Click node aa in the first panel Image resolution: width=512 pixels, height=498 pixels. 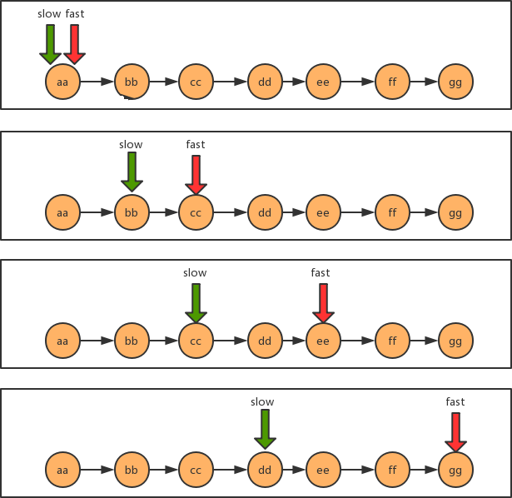tap(62, 82)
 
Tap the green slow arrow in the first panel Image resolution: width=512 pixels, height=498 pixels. tap(50, 43)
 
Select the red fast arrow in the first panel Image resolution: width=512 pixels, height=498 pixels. tap(75, 43)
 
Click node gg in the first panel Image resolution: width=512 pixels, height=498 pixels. tap(455, 82)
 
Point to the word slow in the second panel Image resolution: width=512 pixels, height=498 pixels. tap(131, 145)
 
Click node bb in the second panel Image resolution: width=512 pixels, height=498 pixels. tap(131, 212)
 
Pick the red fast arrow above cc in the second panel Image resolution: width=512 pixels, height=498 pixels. tap(196, 173)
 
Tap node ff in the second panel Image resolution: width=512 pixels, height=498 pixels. tap(392, 212)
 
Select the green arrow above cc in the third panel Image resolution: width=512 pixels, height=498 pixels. tap(196, 302)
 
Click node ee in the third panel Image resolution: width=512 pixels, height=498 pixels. tap(323, 341)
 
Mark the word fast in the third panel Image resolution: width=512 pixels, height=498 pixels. tap(321, 273)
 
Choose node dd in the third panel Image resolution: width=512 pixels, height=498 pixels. tap(265, 341)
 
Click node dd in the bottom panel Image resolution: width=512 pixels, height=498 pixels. tap(265, 470)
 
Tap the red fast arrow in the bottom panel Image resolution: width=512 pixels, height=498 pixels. tap(455, 431)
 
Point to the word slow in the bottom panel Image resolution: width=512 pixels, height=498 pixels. tap(262, 402)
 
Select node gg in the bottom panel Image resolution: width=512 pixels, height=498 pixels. tap(455, 470)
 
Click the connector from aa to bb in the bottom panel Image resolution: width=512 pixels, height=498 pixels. tap(97, 470)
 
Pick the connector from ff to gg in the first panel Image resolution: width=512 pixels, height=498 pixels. tap(424, 82)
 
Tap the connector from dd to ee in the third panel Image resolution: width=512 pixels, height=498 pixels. tap(294, 341)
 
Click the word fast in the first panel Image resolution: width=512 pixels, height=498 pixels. tap(75, 14)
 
